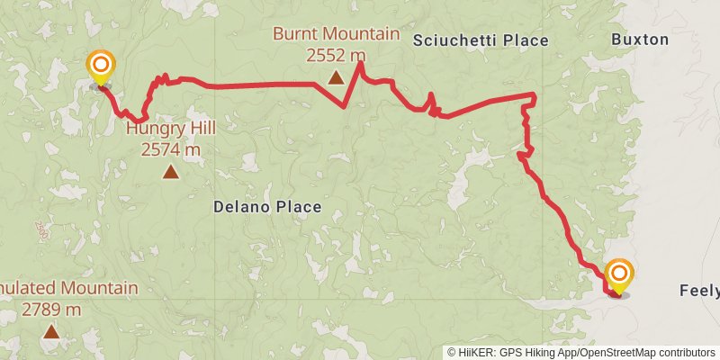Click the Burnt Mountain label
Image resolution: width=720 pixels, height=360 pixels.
point(337,35)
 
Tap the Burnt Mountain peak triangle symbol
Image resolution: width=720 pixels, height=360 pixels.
point(336,77)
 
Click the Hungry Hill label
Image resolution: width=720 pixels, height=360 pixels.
point(171,127)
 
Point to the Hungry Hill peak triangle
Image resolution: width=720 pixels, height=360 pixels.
point(171,171)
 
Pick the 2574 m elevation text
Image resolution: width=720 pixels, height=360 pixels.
point(171,148)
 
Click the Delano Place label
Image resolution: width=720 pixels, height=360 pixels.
point(267,207)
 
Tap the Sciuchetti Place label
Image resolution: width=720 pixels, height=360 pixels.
point(481,40)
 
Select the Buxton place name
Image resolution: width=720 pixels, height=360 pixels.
point(640,40)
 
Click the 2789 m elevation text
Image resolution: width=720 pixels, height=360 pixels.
point(51,310)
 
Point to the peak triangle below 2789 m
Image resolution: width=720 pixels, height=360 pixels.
point(51,332)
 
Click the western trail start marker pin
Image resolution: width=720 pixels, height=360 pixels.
point(101,66)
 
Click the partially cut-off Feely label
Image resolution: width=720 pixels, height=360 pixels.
point(699,291)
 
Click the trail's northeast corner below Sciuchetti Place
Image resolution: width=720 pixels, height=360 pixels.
point(535,95)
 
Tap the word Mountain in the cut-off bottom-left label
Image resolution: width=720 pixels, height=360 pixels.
point(99,288)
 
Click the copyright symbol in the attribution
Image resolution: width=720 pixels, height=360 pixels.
point(453,353)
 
